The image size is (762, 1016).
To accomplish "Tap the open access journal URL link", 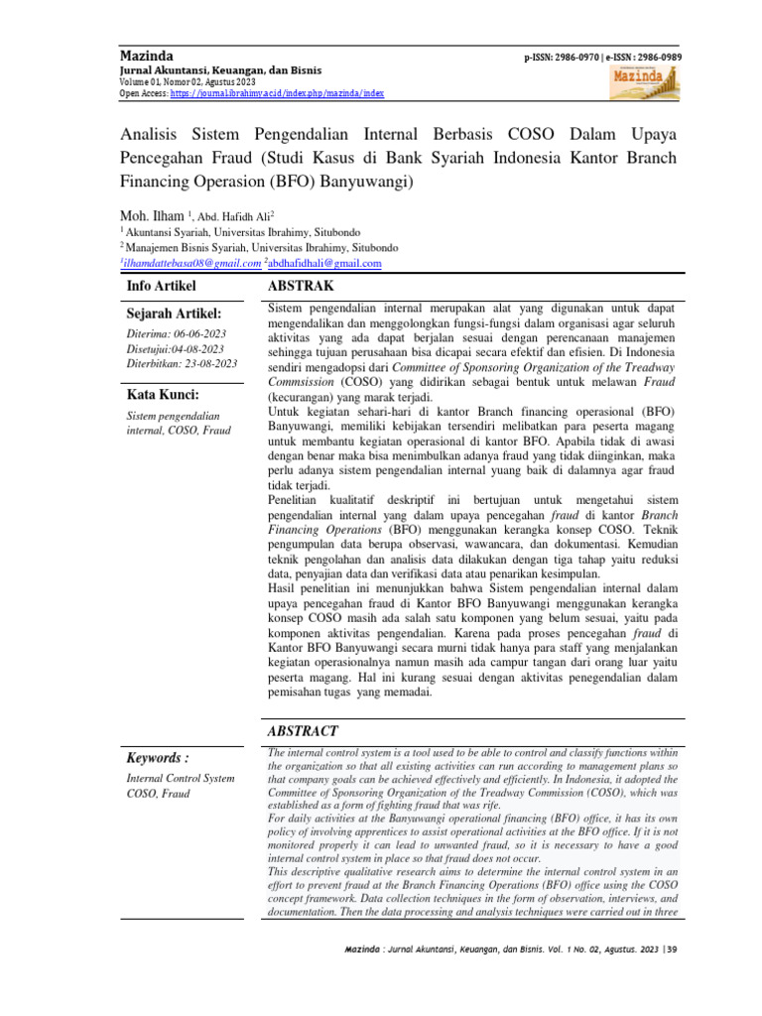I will tap(278, 93).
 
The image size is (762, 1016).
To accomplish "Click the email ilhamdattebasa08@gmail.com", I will tap(190, 263).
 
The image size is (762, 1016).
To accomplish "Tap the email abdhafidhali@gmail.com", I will tap(324, 263).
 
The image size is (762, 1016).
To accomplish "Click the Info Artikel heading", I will tap(164, 286).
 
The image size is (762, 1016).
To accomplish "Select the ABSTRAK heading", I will tap(301, 286).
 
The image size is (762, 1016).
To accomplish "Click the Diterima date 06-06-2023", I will tap(200, 334).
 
